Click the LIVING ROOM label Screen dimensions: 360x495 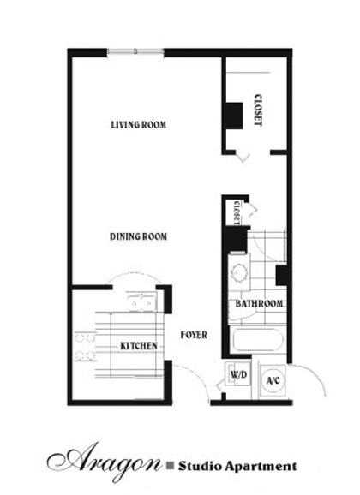pos(139,125)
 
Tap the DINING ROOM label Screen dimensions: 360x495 pos(138,236)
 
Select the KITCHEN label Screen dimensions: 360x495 pos(139,346)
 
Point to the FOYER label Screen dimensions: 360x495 pos(194,335)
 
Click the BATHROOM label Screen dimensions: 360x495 pos(259,304)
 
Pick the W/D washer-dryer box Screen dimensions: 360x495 pos(238,375)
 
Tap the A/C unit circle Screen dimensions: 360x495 pos(273,380)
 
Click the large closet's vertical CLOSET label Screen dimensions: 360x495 pos(258,110)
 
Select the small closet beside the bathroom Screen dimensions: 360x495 pos(237,212)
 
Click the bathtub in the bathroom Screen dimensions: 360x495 pos(258,340)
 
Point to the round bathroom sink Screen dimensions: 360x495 pos(239,271)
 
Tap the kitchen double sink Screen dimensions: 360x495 pos(141,301)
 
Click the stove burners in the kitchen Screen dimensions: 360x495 pos(85,346)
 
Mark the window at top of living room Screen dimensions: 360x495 pos(135,51)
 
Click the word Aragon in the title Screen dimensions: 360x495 pos(105,461)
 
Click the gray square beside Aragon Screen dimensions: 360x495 pos(171,465)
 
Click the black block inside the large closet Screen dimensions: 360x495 pos(234,116)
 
